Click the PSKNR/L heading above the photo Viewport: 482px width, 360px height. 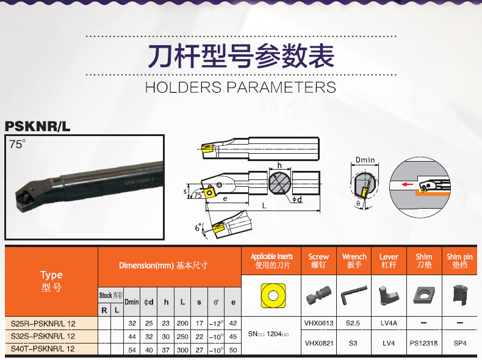click(37, 126)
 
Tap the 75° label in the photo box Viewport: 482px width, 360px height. click(17, 144)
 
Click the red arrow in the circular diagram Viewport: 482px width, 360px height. click(408, 184)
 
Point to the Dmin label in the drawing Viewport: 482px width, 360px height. click(365, 160)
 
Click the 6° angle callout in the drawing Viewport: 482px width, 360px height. click(198, 228)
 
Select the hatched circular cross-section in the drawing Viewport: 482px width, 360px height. click(279, 183)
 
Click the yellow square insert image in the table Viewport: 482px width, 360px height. click(273, 295)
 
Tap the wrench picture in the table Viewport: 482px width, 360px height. click(354, 295)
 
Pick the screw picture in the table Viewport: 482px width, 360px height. click(318, 296)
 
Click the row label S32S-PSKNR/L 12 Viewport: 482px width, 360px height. click(43, 336)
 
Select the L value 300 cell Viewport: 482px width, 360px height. click(182, 350)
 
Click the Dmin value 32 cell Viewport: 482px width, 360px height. click(132, 323)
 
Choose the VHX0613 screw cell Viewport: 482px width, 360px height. click(318, 323)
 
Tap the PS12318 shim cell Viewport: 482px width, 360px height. click(423, 343)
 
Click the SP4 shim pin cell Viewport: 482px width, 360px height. click(460, 343)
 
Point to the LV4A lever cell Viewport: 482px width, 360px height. click(389, 323)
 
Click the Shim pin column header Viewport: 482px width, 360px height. click(459, 261)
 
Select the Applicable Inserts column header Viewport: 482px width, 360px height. click(272, 261)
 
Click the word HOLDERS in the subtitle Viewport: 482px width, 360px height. click(183, 87)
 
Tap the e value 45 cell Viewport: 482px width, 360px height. click(233, 337)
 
